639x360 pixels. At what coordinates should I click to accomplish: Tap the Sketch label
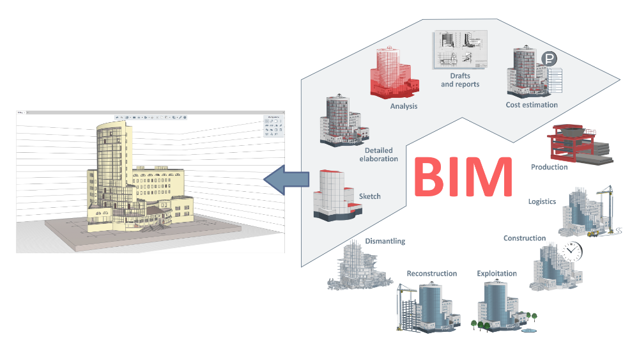coord(370,197)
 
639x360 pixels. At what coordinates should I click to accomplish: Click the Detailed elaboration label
coord(378,154)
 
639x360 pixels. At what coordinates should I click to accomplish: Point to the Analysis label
coord(404,106)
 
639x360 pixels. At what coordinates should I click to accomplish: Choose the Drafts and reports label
coord(460,80)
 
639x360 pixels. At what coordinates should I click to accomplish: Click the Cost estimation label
coord(532,105)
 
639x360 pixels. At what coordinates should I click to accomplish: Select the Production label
coord(549,167)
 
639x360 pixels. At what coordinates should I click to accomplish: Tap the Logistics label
coord(542,201)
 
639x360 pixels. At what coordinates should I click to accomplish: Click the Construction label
coord(524,239)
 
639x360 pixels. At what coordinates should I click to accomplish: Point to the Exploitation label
coord(497,274)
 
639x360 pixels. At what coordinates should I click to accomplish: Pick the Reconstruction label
coord(432,274)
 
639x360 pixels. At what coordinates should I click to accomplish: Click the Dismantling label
coord(385,242)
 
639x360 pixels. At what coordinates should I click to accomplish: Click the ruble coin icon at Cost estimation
coord(548,59)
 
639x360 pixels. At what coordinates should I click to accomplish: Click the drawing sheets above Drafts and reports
coord(459,50)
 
